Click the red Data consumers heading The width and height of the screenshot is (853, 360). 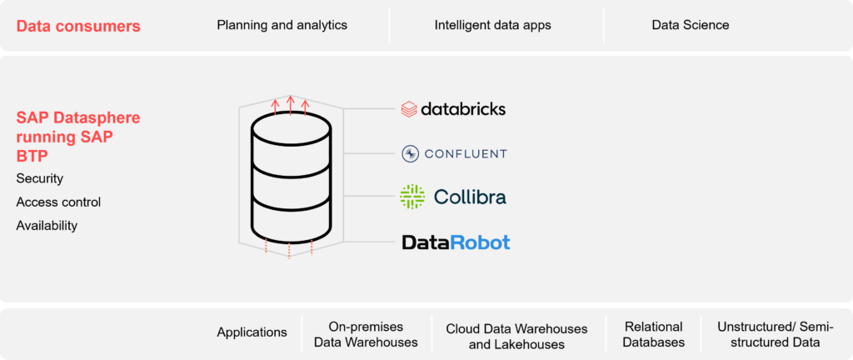pos(78,26)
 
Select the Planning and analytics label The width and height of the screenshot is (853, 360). pos(282,25)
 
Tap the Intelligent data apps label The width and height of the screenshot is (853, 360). pos(492,25)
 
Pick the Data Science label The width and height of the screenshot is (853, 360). pos(690,25)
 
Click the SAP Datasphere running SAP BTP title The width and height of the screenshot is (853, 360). pos(78,137)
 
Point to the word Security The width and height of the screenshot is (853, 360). pos(39,178)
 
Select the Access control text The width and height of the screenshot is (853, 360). pos(58,202)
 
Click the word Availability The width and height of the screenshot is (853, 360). pos(47,225)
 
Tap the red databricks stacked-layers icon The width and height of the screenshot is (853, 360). pos(409,109)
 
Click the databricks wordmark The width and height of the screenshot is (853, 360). pos(463,109)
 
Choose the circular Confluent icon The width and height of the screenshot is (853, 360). pos(410,153)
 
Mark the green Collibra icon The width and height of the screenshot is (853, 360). pos(412,197)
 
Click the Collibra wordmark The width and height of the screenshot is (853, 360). pos(470,197)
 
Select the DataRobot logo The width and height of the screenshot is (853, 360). pos(456,242)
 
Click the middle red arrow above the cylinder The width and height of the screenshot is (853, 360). pos(290,104)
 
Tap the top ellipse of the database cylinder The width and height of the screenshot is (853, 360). pos(290,129)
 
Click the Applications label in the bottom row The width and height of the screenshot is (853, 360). pos(252,332)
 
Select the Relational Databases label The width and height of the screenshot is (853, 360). pos(654,334)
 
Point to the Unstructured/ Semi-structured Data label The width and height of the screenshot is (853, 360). pos(775,334)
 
